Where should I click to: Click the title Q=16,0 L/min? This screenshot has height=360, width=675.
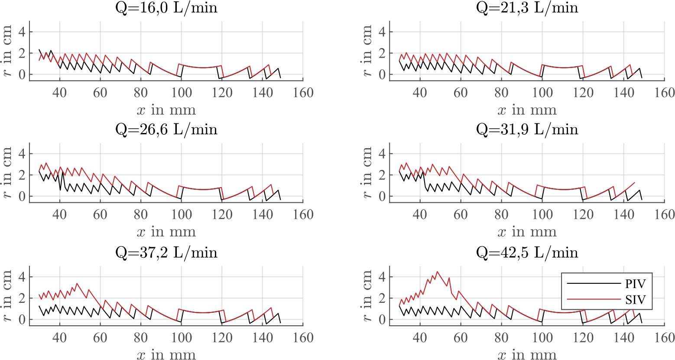[x=166, y=7]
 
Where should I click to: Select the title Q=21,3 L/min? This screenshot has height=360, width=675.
[x=527, y=7]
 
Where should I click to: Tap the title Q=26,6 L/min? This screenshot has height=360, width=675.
[x=166, y=130]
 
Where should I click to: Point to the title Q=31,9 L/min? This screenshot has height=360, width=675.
[x=527, y=130]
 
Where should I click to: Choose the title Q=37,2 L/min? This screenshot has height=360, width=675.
[x=166, y=252]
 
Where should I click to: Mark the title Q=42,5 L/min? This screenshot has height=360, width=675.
[x=527, y=252]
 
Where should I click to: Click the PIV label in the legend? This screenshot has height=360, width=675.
[x=635, y=284]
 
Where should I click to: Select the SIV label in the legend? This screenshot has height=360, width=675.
[x=635, y=299]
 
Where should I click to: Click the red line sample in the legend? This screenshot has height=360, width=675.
[x=594, y=299]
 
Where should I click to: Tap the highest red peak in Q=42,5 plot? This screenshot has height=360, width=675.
[x=437, y=272]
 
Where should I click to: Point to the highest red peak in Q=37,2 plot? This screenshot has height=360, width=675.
[x=77, y=283]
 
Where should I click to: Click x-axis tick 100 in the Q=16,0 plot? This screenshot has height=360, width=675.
[x=182, y=92]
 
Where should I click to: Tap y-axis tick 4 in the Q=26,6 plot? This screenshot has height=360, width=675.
[x=23, y=154]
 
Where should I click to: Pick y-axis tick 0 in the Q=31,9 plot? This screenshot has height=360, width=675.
[x=383, y=196]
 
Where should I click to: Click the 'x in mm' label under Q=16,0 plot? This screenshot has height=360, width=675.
[x=166, y=110]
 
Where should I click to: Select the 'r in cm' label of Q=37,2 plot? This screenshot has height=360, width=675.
[x=8, y=296]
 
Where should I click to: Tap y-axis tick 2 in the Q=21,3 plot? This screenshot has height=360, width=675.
[x=383, y=53]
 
